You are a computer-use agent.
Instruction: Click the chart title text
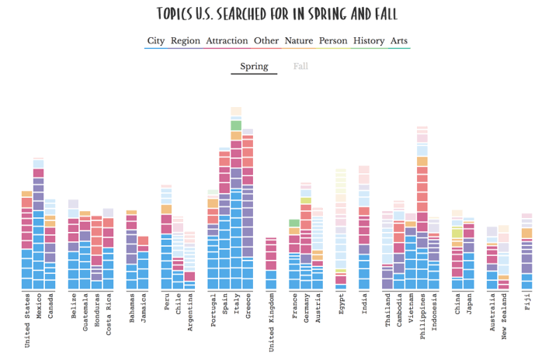point(276,14)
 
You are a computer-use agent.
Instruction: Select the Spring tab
point(254,66)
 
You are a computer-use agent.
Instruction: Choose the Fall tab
point(300,66)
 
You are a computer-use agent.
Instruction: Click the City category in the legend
point(156,41)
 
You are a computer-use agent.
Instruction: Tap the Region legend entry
point(186,41)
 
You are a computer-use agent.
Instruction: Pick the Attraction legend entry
point(227,41)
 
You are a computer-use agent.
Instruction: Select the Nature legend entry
point(299,41)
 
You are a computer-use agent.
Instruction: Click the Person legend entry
point(333,41)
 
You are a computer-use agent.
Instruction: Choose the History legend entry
point(369,41)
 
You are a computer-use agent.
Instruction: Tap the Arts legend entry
point(399,41)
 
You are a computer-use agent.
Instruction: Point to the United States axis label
point(27,320)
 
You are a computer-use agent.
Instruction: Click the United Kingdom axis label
point(271,321)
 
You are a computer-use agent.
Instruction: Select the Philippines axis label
point(422,317)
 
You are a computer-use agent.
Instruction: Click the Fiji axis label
point(527,303)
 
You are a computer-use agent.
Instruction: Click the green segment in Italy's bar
point(236,126)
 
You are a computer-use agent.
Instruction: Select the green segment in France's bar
point(294,223)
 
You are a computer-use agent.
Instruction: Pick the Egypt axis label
point(341,305)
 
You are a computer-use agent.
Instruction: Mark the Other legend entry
point(266,41)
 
